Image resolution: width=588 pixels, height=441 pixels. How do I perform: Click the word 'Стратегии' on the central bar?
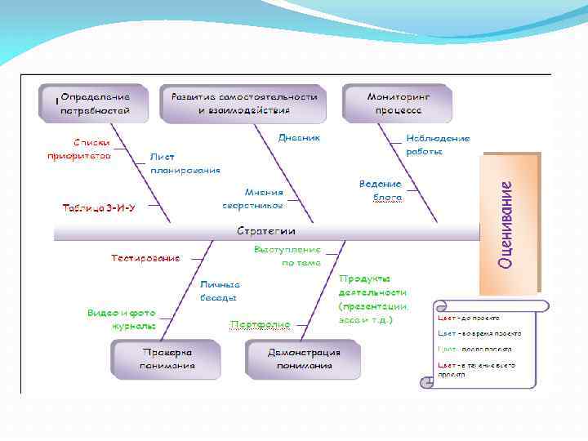(x=266, y=231)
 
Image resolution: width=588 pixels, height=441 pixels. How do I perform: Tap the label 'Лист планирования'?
(x=185, y=163)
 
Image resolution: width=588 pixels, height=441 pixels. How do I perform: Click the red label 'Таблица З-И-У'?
(x=100, y=207)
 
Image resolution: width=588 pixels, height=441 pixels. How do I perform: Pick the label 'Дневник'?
(x=299, y=138)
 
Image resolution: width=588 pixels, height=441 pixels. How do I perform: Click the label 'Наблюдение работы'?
(x=438, y=145)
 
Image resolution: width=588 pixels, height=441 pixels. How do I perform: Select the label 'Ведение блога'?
(x=381, y=190)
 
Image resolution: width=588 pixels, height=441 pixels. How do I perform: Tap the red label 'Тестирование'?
(x=145, y=258)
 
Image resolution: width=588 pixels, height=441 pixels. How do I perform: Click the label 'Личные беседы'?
(x=220, y=290)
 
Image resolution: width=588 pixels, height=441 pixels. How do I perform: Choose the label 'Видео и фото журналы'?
(x=122, y=318)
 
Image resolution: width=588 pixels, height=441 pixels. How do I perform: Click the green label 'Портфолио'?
(x=261, y=324)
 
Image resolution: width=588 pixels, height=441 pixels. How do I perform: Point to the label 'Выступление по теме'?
(x=287, y=256)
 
